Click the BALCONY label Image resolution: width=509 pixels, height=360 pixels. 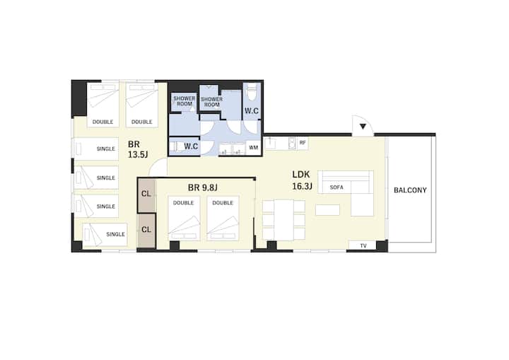tap(410, 190)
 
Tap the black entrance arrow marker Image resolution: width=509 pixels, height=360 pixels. tap(363, 127)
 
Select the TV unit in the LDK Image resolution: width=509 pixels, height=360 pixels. tap(362, 245)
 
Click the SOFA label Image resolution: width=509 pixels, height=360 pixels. tap(337, 187)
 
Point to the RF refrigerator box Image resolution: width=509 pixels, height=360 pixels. tap(303, 143)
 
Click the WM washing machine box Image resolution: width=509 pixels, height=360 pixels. tap(254, 148)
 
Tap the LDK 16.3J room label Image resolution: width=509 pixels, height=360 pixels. tap(302, 180)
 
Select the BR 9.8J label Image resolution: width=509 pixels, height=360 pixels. tap(203, 187)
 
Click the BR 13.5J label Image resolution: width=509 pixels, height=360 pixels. tap(138, 149)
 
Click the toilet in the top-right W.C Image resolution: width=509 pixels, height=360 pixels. tap(252, 92)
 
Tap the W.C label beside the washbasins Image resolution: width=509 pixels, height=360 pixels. tap(191, 146)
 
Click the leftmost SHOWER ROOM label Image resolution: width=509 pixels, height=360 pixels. tap(184, 101)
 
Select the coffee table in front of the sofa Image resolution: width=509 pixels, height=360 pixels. tap(327, 210)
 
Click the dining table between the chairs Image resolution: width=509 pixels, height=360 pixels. tap(283, 220)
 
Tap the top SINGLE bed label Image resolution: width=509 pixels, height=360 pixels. tap(106, 149)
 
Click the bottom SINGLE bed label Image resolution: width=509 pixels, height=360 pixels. tap(115, 234)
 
